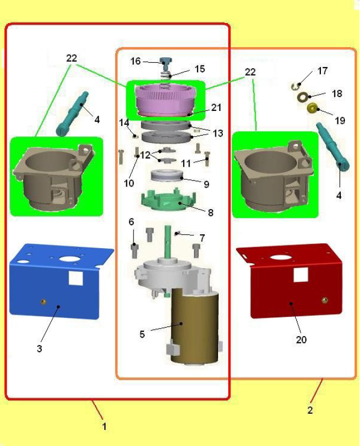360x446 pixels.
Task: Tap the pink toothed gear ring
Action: (166, 99)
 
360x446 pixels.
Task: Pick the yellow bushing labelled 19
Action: (312, 108)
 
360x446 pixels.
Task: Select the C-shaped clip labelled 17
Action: (296, 86)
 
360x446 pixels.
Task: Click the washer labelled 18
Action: (303, 97)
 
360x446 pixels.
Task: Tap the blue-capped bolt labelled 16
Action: (166, 63)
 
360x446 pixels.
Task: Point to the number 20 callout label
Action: (301, 339)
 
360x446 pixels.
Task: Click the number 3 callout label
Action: (40, 348)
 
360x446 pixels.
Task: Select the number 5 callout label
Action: (142, 334)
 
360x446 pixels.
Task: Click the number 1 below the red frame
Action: (104, 426)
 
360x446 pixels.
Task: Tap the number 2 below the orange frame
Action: (310, 410)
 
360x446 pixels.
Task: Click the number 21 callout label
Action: (216, 107)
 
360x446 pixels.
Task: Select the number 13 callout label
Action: (218, 133)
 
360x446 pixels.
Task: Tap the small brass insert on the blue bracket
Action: (43, 301)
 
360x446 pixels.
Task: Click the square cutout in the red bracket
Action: (301, 275)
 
